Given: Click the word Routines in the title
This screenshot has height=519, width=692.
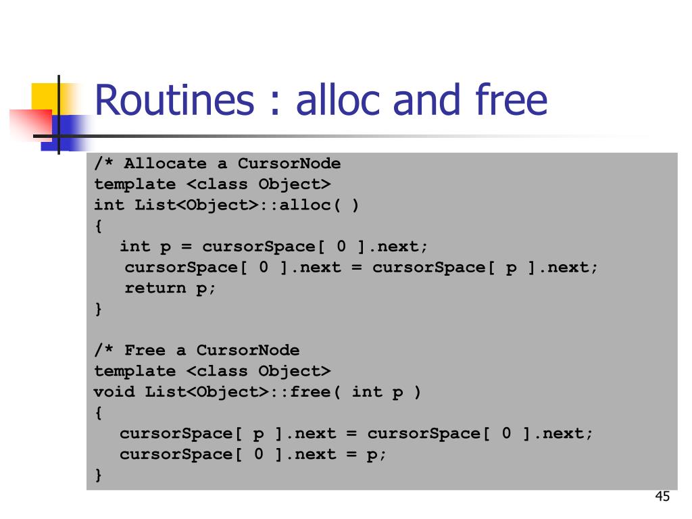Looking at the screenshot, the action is (x=174, y=100).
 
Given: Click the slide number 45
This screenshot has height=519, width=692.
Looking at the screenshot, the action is (x=662, y=497).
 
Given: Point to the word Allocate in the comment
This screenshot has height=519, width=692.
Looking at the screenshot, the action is (x=166, y=164).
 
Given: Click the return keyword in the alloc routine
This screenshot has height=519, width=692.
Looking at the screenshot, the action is (x=155, y=288).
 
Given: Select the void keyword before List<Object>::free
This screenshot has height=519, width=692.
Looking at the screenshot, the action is (x=114, y=392).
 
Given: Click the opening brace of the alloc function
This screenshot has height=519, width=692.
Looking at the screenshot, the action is (x=99, y=226).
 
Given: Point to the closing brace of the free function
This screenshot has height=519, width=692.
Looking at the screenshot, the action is (x=99, y=476).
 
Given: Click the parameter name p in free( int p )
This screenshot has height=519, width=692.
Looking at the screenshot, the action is (x=397, y=392).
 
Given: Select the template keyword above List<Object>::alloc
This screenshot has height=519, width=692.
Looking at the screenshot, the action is (x=134, y=184).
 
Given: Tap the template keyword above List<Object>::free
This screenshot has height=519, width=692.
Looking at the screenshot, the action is (x=134, y=371).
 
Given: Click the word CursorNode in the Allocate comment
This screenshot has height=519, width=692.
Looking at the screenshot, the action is (x=289, y=164).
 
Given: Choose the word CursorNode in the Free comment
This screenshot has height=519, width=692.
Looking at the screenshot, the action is (x=248, y=350).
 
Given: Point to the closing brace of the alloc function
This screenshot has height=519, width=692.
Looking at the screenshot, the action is (x=99, y=309).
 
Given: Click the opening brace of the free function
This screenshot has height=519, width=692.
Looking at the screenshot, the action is (x=99, y=412).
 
